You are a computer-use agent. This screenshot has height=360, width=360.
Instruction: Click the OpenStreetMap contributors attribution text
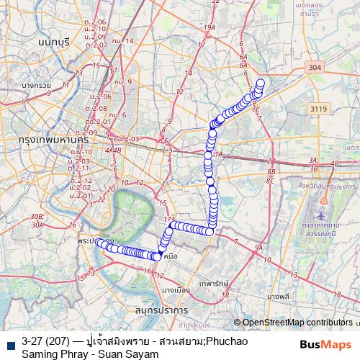click(297, 323)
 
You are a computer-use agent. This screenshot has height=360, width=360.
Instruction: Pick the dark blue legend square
click(10, 341)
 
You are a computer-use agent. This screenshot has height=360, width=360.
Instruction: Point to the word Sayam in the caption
click(140, 354)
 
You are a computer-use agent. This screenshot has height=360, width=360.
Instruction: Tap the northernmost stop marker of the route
click(261, 83)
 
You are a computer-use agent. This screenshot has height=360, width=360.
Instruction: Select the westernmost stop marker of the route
click(99, 242)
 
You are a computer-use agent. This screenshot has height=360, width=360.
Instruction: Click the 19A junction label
click(210, 27)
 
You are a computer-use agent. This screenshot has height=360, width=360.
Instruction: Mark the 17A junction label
click(170, 219)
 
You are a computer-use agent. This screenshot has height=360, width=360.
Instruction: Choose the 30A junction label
click(37, 225)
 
